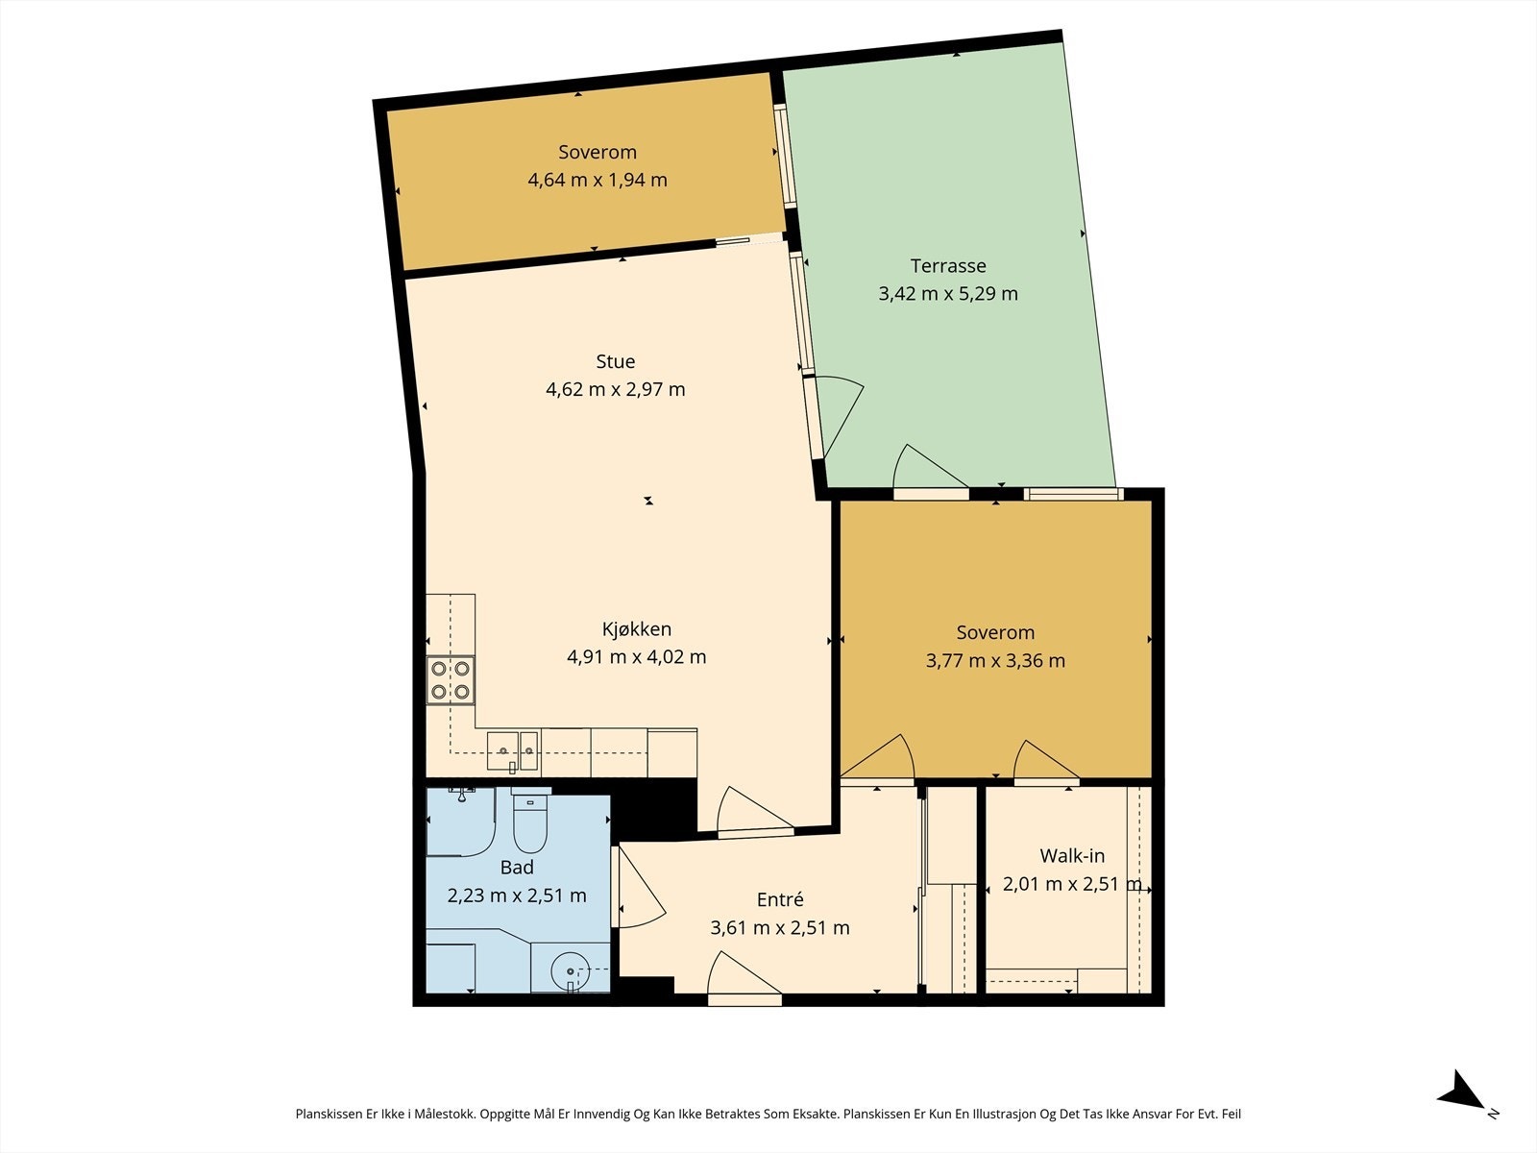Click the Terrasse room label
point(948,266)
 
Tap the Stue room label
point(616,361)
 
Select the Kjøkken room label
point(637,629)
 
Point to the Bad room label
point(517,868)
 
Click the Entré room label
point(780,899)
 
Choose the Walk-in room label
point(1072,855)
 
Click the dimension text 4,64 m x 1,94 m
point(598,180)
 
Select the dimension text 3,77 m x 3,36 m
point(995,660)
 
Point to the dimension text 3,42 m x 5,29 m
point(948,293)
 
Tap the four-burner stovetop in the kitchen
point(451,679)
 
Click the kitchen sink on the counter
point(513,751)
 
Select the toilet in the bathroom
point(530,819)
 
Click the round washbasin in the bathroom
point(570,971)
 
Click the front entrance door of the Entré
point(744,976)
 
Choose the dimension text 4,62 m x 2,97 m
point(616,389)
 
